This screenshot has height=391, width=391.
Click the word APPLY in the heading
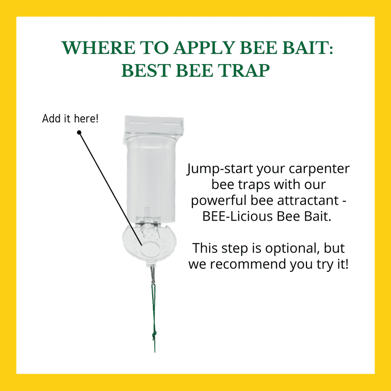click(x=204, y=47)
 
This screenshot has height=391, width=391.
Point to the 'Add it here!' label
click(x=70, y=118)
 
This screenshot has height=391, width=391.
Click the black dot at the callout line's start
click(x=79, y=132)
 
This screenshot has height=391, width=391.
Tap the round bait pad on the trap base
click(x=150, y=250)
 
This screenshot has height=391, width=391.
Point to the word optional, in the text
click(x=292, y=249)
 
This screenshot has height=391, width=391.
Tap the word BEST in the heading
click(x=146, y=70)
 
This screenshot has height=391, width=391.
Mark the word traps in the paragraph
click(x=254, y=185)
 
